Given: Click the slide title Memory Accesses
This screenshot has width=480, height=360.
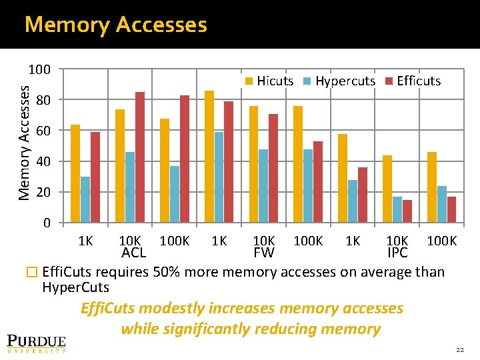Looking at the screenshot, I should tap(115, 25).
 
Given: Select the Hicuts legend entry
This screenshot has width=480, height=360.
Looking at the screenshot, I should tap(269, 81).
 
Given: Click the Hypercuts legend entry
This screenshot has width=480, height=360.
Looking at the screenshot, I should tap(339, 81).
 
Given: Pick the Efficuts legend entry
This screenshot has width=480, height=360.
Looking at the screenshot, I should tap(413, 81).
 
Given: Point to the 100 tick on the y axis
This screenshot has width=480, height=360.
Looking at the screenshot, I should tap(39, 69).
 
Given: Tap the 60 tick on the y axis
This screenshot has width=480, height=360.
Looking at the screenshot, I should tap(44, 131).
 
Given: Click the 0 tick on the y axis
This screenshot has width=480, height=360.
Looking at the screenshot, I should tap(47, 223).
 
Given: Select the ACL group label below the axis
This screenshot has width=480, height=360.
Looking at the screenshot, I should tap(133, 253).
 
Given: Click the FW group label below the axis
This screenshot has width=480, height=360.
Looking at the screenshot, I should tap(264, 253).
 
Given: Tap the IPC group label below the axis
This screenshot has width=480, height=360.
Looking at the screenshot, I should tap(397, 253).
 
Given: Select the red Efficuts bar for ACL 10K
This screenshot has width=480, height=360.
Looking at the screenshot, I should tap(140, 157).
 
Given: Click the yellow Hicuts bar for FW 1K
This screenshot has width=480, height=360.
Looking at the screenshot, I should tap(209, 156).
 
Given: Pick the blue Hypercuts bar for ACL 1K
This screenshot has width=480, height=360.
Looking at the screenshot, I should tap(85, 199).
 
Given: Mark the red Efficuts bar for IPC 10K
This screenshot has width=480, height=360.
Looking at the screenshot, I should tap(407, 211).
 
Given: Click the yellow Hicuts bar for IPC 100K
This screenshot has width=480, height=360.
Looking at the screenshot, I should tap(432, 187).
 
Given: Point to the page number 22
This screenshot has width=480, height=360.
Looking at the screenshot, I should tap(459, 350).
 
